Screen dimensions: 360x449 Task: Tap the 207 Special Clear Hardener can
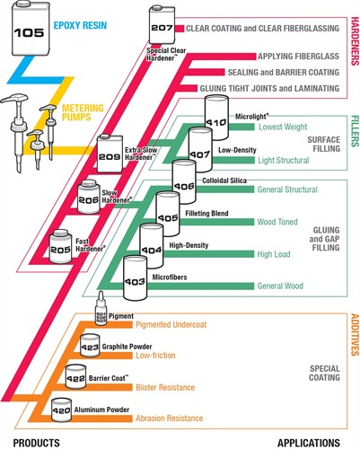tap(162, 27)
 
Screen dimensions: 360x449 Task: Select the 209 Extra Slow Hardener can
tap(110, 154)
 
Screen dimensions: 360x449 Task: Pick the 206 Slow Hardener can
tap(89, 197)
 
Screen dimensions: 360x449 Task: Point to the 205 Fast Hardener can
tap(60, 246)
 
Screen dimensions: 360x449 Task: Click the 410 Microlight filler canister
tap(216, 118)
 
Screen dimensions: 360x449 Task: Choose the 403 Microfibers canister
tap(136, 277)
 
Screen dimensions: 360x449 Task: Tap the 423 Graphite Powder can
tap(90, 346)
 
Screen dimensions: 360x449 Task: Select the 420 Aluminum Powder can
tap(61, 409)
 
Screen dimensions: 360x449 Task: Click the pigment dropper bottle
tap(101, 308)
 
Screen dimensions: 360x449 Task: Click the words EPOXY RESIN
tap(80, 25)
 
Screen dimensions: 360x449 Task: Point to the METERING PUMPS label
tap(83, 112)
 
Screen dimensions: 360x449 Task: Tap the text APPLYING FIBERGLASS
tap(299, 57)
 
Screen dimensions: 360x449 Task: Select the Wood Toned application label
tap(277, 222)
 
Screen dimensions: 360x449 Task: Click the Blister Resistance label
tap(165, 387)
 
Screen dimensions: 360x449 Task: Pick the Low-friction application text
tap(155, 356)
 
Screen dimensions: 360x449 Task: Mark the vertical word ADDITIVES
tap(355, 335)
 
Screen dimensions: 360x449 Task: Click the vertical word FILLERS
tap(355, 131)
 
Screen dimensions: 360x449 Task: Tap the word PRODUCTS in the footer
tap(37, 443)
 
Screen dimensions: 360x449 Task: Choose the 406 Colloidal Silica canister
tap(184, 182)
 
